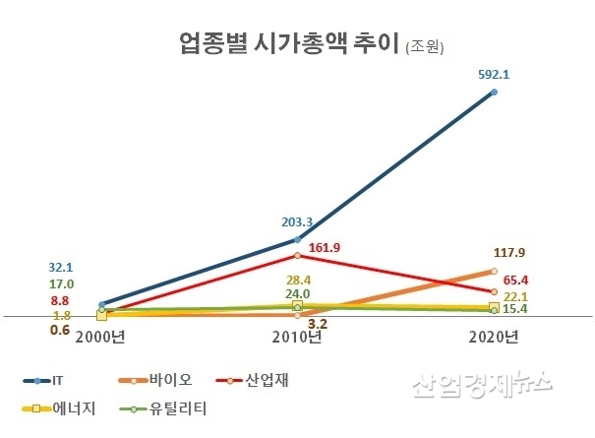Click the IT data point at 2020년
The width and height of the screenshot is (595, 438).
click(x=494, y=93)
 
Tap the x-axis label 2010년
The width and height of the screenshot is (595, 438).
click(x=297, y=337)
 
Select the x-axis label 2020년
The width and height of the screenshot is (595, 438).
click(x=493, y=337)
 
